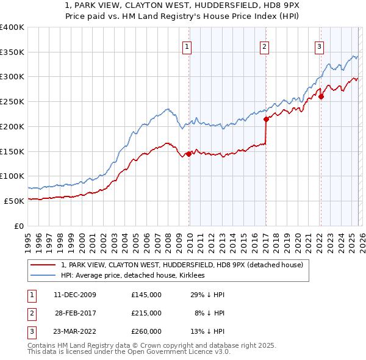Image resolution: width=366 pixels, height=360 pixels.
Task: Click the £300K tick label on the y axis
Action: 12,77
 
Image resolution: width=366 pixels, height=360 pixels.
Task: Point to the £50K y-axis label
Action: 14,201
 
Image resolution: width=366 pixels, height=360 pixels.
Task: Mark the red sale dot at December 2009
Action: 188,154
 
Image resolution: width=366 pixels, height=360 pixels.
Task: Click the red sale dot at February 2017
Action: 266,120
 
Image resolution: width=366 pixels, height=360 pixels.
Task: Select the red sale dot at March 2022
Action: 321,96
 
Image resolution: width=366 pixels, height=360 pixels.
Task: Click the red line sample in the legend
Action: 43,265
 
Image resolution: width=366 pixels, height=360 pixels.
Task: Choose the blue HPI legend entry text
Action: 132,276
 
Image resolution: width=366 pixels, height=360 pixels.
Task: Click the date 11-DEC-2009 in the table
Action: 74,295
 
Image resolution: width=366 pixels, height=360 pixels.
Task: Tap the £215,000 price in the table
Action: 146,313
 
